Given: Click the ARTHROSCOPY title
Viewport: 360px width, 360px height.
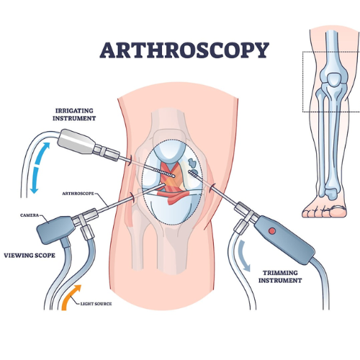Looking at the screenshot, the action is (184, 50).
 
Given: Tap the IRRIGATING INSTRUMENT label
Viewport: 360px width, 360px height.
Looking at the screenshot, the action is (74, 114).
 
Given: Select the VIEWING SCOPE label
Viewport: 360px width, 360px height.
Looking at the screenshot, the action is (30, 256).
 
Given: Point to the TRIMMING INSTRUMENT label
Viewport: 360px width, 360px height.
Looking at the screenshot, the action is (280, 276).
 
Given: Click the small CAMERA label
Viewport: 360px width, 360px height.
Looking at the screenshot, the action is (30, 215).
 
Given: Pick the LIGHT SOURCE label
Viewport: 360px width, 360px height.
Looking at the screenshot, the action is (96, 304).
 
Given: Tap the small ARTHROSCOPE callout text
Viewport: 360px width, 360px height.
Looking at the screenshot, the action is (78, 194).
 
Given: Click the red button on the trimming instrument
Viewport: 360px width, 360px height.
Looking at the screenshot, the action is (272, 231).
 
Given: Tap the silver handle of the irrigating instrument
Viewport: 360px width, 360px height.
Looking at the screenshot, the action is (76, 141).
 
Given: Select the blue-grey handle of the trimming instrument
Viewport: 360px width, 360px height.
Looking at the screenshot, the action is (284, 240).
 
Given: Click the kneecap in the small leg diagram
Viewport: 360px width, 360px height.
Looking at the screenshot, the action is (334, 79).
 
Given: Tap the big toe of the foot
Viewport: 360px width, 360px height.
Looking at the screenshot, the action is (338, 211).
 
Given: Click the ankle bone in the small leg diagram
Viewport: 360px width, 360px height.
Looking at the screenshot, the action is (332, 194).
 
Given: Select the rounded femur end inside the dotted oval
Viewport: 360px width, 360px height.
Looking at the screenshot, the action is (169, 153).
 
